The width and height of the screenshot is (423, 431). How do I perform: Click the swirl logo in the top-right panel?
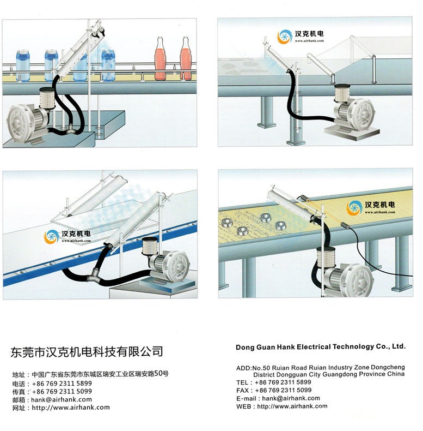click(285, 37)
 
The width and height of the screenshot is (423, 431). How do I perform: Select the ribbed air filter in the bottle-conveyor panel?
click(47, 97)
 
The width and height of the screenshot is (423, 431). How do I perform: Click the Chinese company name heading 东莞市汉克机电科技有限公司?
click(87, 352)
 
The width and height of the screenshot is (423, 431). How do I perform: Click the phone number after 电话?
click(62, 384)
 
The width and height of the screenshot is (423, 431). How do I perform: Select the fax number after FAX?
click(283, 390)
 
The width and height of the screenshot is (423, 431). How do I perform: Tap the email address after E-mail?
click(291, 398)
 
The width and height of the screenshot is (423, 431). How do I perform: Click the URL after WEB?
click(292, 406)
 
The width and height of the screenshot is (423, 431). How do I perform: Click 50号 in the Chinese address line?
click(161, 374)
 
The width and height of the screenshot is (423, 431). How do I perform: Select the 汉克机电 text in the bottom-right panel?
click(379, 205)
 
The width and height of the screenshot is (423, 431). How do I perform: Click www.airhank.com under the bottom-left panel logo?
click(76, 241)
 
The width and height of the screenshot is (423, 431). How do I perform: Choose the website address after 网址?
click(71, 408)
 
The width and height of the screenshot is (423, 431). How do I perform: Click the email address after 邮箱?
click(62, 399)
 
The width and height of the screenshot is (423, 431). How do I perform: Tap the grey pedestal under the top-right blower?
click(352, 133)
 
